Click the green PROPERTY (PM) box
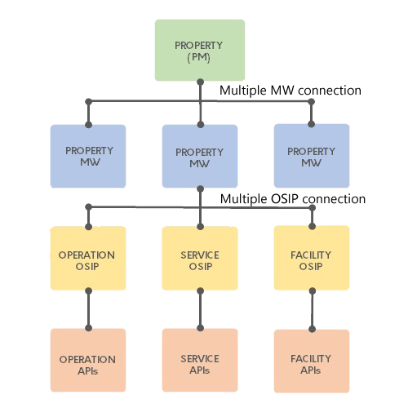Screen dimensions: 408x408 [x=200, y=50]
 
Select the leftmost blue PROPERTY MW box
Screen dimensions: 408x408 [x=88, y=156]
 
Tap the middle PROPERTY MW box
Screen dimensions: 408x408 [x=200, y=156]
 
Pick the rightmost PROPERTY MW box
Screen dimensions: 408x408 [x=312, y=156]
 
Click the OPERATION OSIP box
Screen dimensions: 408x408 [x=88, y=258]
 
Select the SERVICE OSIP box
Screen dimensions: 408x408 [x=200, y=258]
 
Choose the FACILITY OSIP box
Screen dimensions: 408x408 [x=312, y=258]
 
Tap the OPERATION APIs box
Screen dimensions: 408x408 [x=88, y=360]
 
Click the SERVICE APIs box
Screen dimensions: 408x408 [x=200, y=360]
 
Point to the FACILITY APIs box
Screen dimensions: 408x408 [x=312, y=361]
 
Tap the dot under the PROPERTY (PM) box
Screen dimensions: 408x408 [x=201, y=82]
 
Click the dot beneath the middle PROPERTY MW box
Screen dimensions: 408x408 [x=201, y=188]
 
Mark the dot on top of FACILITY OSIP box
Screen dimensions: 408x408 [x=313, y=226]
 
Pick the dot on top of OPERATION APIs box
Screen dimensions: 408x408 [x=89, y=328]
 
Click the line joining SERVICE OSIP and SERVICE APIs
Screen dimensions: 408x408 [x=201, y=309]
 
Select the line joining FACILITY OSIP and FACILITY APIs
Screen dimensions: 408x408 [x=313, y=310]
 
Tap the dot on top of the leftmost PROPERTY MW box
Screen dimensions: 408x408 [x=89, y=125]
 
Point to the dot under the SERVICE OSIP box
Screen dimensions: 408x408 [x=201, y=291]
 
